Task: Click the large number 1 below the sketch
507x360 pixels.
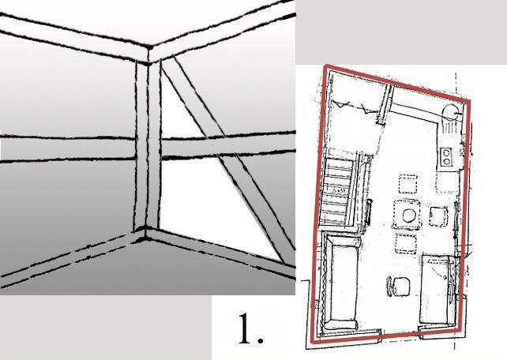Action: (246, 328)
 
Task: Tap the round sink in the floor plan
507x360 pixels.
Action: (450, 113)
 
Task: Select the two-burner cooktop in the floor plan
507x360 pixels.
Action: (446, 157)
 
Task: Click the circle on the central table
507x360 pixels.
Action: (409, 216)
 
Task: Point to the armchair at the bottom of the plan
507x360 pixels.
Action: (399, 287)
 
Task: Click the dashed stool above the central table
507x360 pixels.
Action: (407, 184)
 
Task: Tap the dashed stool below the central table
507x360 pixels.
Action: (406, 244)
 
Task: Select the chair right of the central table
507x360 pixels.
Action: (439, 216)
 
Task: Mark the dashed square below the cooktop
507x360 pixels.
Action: (447, 183)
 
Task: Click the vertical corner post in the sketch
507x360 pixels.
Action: (148, 145)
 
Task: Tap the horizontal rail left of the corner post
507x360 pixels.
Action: (67, 148)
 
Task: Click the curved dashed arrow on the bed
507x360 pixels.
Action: (441, 273)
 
